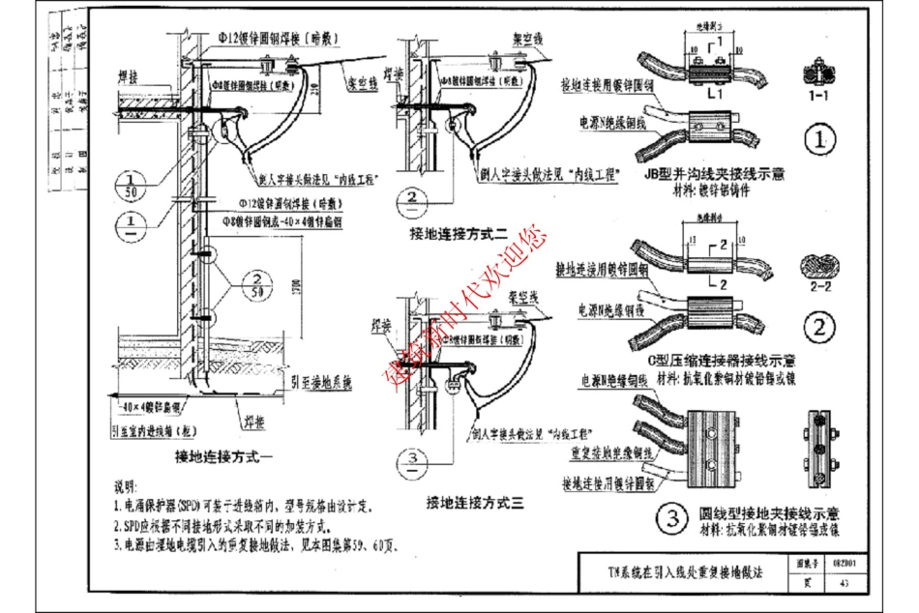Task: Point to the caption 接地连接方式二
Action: click(x=459, y=234)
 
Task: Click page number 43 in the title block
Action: click(x=845, y=582)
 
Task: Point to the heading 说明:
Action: click(x=127, y=483)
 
